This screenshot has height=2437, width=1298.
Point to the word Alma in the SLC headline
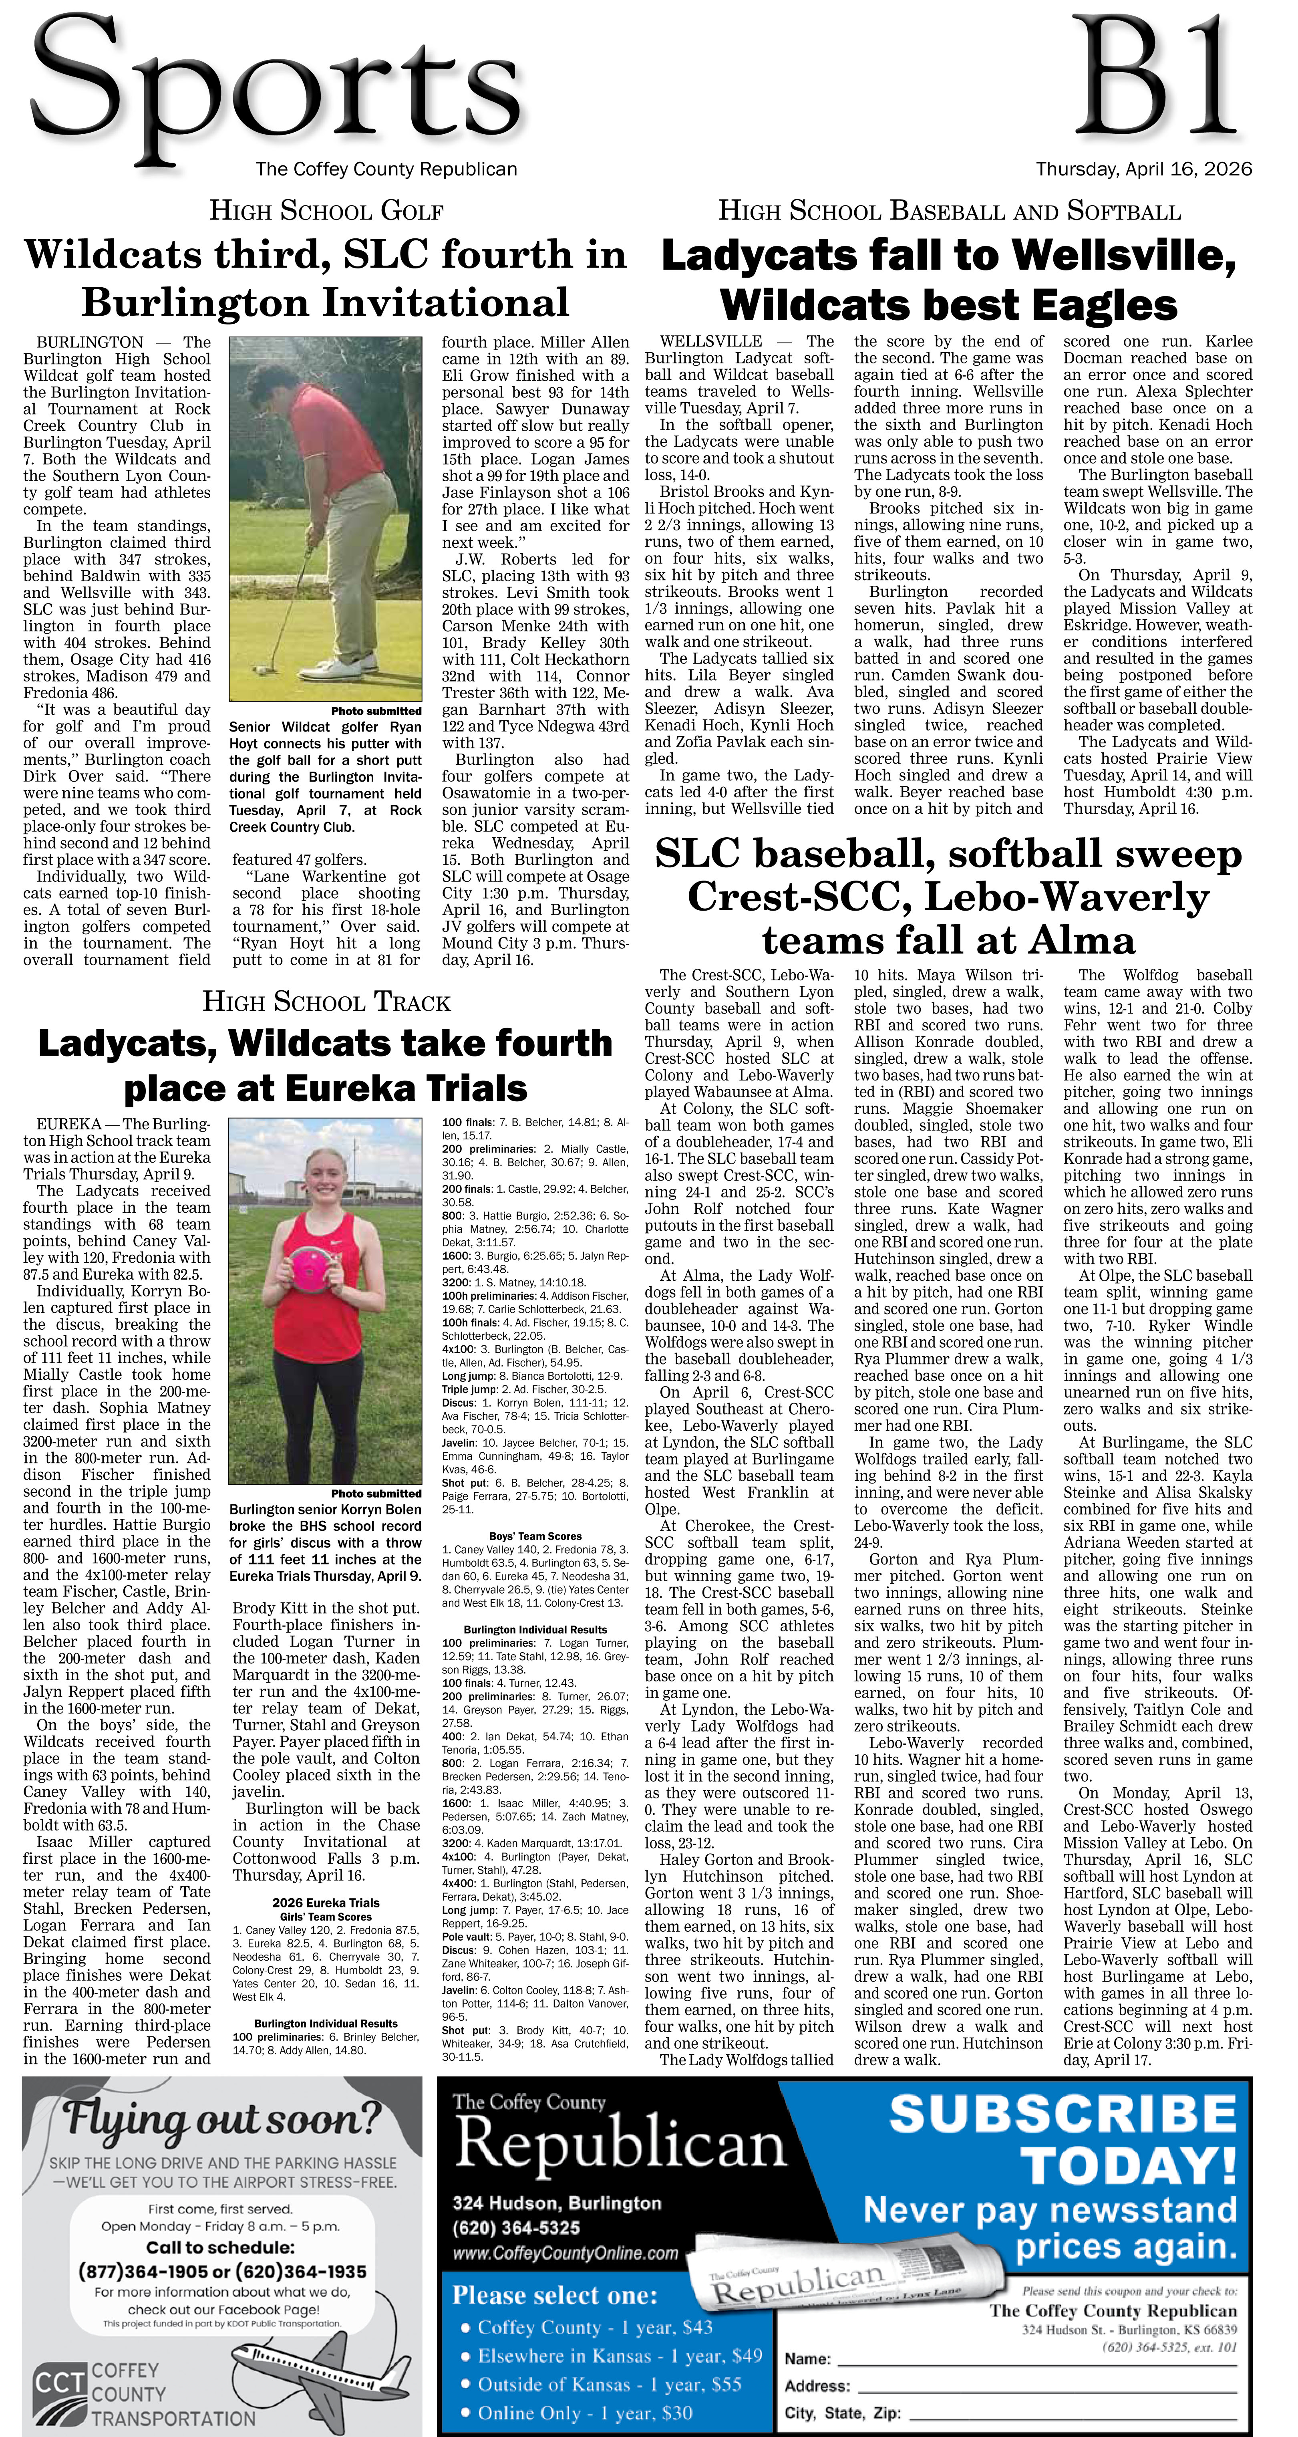pos(1081,940)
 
